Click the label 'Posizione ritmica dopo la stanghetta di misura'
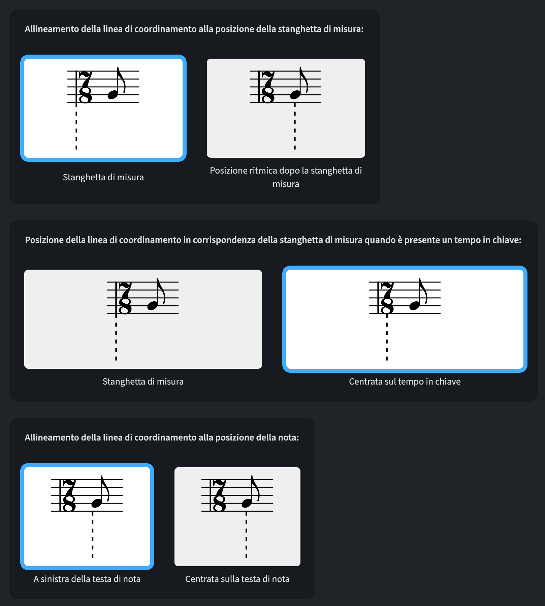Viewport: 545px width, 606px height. (x=286, y=177)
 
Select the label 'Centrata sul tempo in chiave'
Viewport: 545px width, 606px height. (x=405, y=382)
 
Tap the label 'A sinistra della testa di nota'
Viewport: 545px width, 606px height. (x=87, y=579)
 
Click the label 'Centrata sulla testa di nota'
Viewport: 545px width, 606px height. (x=237, y=579)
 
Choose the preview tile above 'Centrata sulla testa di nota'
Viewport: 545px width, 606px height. (x=237, y=516)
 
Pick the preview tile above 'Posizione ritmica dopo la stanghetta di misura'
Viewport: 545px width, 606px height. (x=286, y=108)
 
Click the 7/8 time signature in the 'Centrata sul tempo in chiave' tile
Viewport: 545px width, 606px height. (x=387, y=298)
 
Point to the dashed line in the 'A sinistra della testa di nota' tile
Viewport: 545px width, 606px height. (x=93, y=535)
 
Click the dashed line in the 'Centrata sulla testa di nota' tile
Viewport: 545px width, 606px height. (x=246, y=535)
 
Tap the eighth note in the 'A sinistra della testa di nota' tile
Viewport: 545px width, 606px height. (x=100, y=492)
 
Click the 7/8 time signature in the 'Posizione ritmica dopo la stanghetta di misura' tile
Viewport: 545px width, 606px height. (x=268, y=87)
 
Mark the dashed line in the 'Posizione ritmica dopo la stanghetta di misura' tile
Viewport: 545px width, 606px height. (x=295, y=126)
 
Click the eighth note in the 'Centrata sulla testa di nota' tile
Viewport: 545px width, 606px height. (x=250, y=492)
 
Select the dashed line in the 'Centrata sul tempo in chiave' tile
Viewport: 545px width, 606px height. (x=387, y=337)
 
